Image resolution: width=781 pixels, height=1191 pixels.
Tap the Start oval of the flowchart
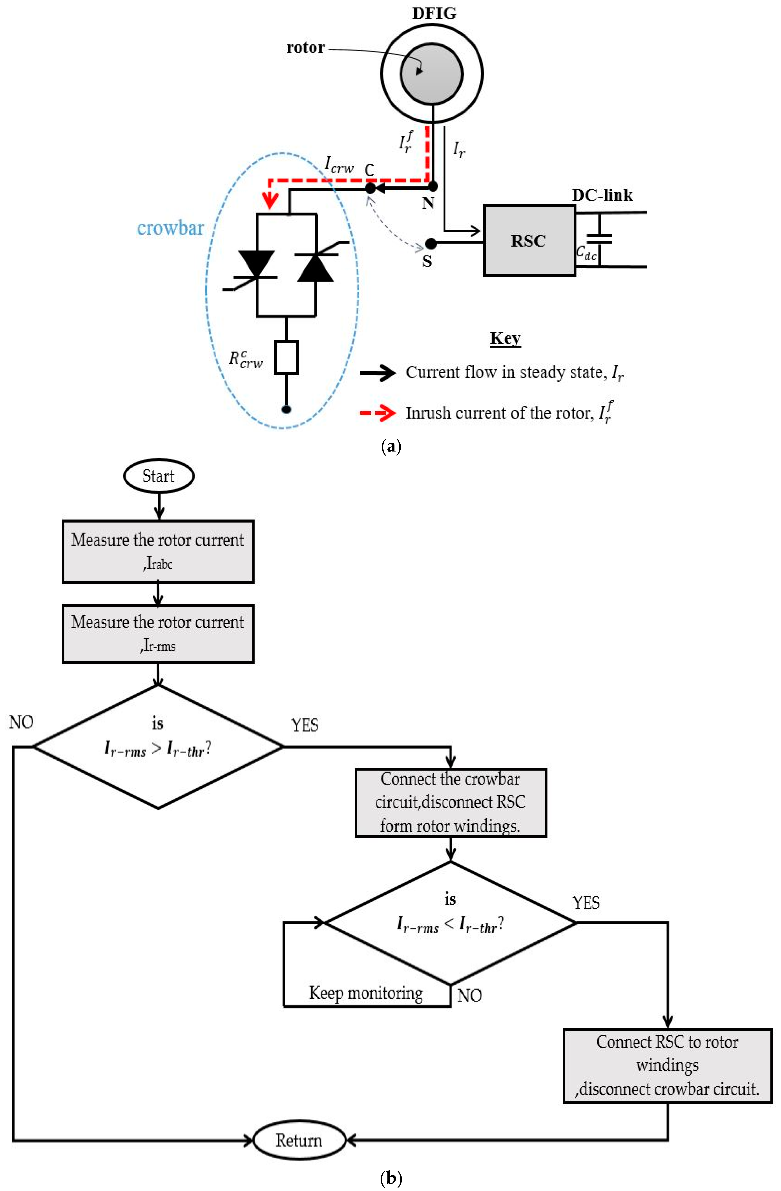click(159, 476)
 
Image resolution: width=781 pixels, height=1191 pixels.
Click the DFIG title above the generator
click(434, 13)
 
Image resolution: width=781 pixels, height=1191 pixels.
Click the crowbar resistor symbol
click(286, 357)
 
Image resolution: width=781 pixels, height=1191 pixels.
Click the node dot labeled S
click(431, 244)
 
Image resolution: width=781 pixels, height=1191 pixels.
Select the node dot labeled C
click(369, 188)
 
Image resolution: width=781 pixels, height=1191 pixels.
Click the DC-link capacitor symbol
click(599, 239)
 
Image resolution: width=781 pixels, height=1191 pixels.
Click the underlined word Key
click(505, 338)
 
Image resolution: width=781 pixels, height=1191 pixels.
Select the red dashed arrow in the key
click(378, 413)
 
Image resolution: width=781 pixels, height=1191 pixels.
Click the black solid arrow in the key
click(378, 373)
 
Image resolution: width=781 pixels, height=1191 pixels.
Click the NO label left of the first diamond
click(21, 723)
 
